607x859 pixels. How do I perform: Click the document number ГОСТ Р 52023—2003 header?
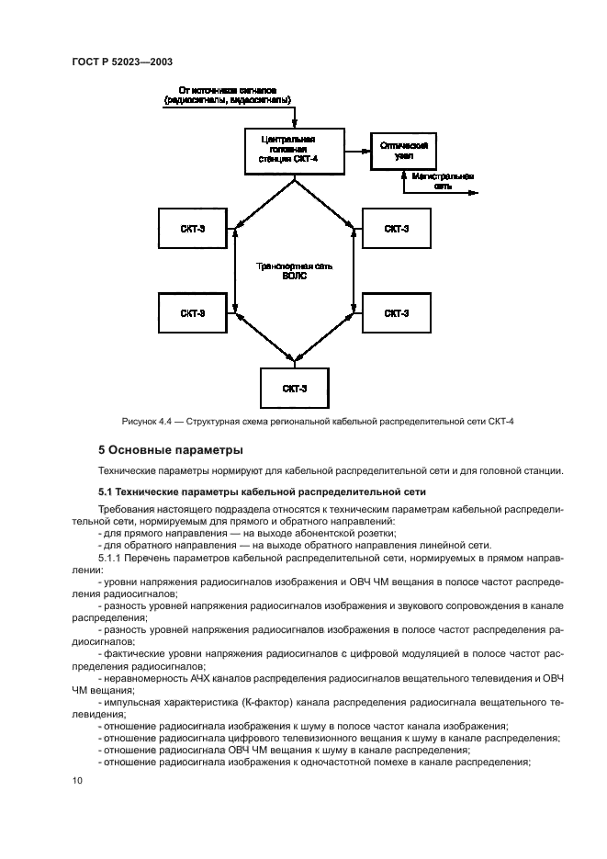[x=121, y=61]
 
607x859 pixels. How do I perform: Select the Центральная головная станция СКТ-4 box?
[x=295, y=150]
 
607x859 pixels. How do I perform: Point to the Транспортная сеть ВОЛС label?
[x=294, y=271]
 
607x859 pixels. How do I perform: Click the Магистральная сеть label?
[x=443, y=179]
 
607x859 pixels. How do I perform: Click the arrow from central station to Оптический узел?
[x=357, y=150]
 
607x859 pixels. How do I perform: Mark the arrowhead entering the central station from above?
[x=295, y=125]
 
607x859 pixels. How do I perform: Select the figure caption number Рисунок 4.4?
[x=148, y=421]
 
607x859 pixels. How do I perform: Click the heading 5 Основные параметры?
[x=170, y=450]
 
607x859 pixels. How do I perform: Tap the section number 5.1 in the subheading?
[x=107, y=492]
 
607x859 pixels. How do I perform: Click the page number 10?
[x=77, y=780]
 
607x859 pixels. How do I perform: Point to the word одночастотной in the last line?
[x=352, y=762]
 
